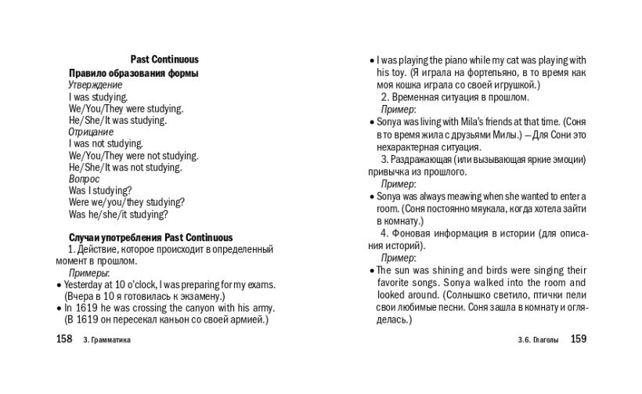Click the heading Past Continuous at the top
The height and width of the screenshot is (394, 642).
tap(164, 60)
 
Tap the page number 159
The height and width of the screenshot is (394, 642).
tap(579, 339)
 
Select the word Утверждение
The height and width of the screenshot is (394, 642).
tap(95, 85)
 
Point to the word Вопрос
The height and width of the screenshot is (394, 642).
tap(84, 179)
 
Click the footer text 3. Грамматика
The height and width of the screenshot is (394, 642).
tap(106, 341)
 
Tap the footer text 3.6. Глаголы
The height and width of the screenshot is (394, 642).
tap(539, 341)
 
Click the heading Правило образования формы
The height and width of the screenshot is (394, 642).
tap(133, 73)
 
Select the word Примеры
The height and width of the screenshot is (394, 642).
tap(88, 273)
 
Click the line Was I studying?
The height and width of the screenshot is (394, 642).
tap(100, 190)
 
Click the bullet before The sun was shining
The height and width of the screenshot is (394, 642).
tap(371, 270)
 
